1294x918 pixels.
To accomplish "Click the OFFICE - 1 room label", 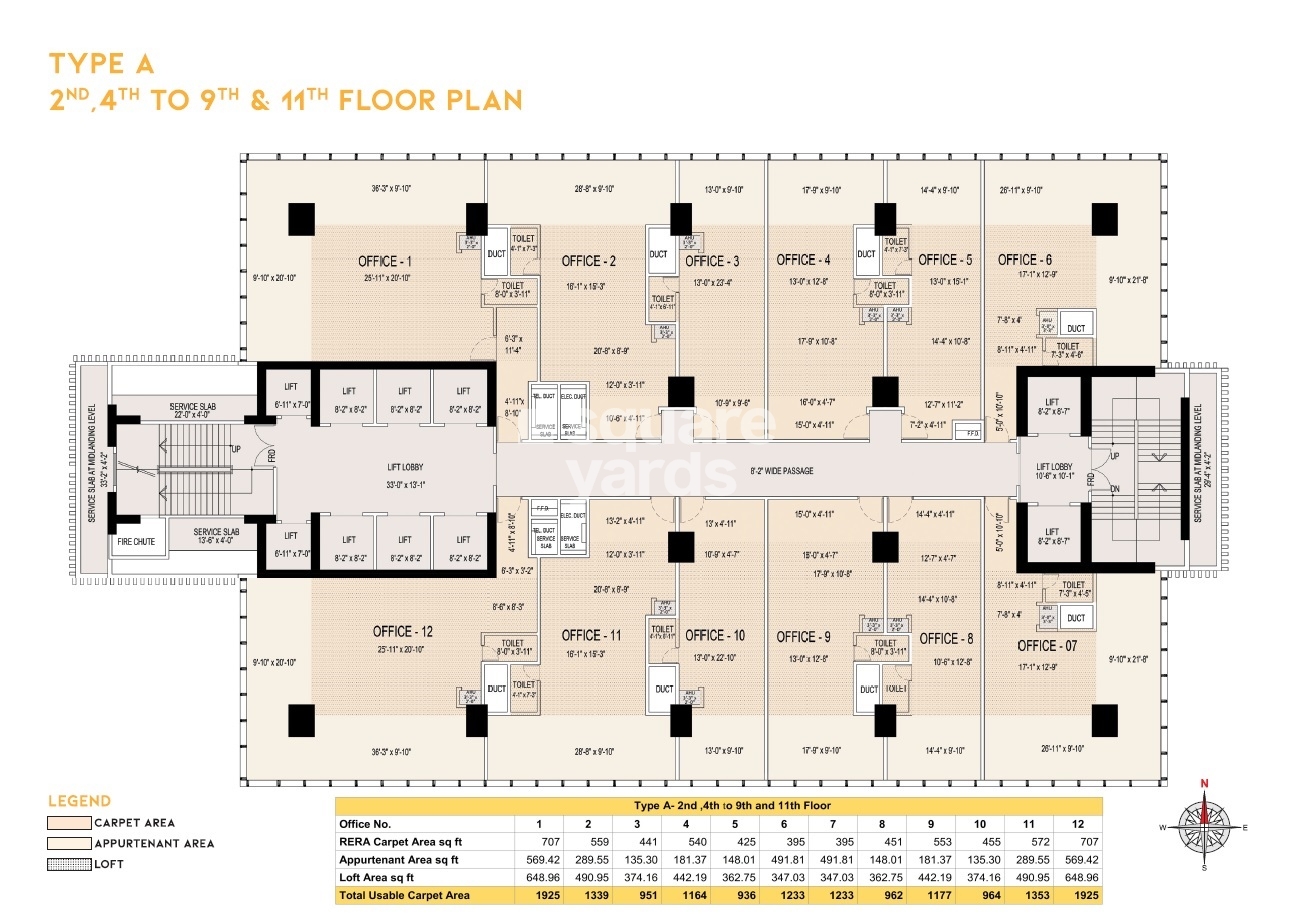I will pos(385,262).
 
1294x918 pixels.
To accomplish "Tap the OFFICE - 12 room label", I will pos(403,631).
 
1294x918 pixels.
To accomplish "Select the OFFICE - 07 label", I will pos(1047,646).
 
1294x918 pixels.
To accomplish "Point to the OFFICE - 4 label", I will pos(803,260).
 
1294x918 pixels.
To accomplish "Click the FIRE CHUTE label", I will pos(136,542).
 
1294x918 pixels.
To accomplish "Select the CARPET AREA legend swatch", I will pos(67,823).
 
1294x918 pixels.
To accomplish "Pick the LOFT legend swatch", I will pos(67,863).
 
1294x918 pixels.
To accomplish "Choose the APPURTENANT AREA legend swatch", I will pos(67,843).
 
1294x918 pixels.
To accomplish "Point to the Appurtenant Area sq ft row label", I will pos(399,859).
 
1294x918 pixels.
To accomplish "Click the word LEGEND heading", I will pos(80,801).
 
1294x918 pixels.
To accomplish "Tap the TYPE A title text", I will pos(101,65).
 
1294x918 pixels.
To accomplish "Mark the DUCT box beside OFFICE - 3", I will pos(658,255).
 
